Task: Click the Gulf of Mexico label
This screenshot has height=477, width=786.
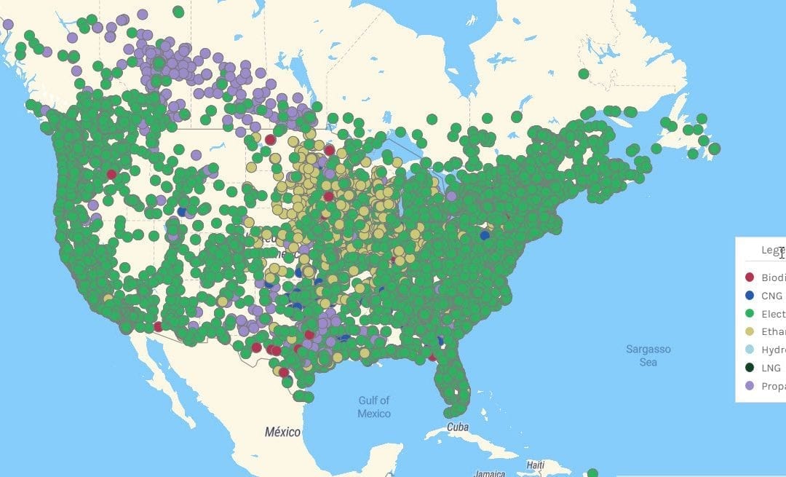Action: pyautogui.click(x=373, y=406)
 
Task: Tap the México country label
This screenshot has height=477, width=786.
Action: pyautogui.click(x=282, y=432)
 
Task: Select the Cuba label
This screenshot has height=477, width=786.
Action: pyautogui.click(x=458, y=427)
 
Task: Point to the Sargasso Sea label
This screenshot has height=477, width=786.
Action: pyautogui.click(x=648, y=355)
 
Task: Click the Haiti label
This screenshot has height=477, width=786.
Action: pyautogui.click(x=536, y=465)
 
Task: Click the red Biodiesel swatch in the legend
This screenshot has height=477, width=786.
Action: pyautogui.click(x=749, y=277)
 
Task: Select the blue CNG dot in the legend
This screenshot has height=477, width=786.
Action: pyautogui.click(x=749, y=296)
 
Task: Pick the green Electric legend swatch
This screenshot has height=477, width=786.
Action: pyautogui.click(x=749, y=314)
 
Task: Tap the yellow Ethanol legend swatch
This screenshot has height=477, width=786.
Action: pyautogui.click(x=749, y=332)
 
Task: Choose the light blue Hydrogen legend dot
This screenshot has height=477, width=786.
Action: pyautogui.click(x=749, y=350)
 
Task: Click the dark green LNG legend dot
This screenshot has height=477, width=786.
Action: pyautogui.click(x=749, y=368)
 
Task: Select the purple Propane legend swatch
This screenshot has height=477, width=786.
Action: pyautogui.click(x=749, y=387)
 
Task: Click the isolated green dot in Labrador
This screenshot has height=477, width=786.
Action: pyautogui.click(x=584, y=74)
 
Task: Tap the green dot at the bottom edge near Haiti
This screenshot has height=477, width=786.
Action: pyautogui.click(x=592, y=473)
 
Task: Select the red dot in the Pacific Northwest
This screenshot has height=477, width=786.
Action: pyautogui.click(x=111, y=174)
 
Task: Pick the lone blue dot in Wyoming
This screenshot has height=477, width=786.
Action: pyautogui.click(x=182, y=212)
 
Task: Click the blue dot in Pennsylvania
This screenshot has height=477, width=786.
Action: pyautogui.click(x=485, y=235)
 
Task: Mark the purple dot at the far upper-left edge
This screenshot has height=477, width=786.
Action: pyautogui.click(x=8, y=24)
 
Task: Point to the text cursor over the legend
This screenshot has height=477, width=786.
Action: pyautogui.click(x=782, y=253)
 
